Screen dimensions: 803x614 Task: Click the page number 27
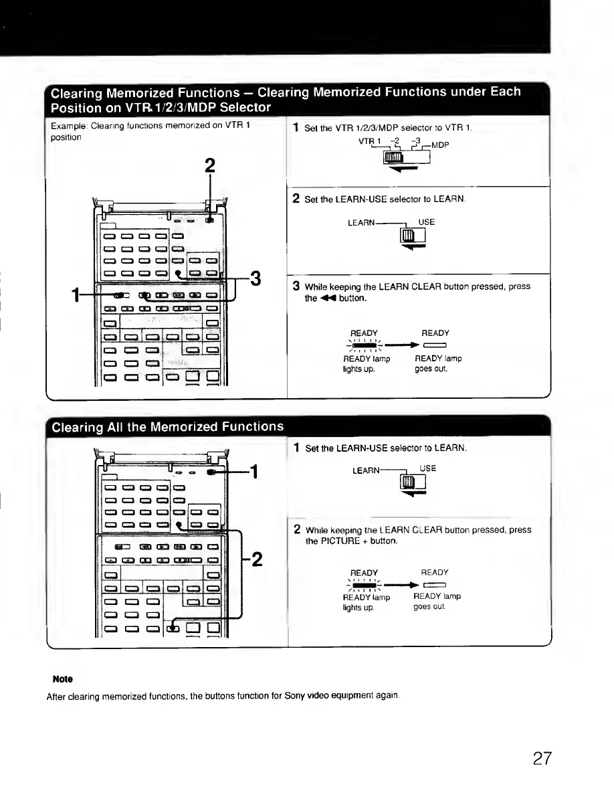[x=543, y=759]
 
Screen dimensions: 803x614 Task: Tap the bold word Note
[x=63, y=679]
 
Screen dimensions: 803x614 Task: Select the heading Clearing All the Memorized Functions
[x=167, y=426]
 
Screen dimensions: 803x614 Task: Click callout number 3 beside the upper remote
[x=254, y=278]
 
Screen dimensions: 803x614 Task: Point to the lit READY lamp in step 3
[x=364, y=346]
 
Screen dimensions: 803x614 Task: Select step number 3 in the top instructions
[x=295, y=286]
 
